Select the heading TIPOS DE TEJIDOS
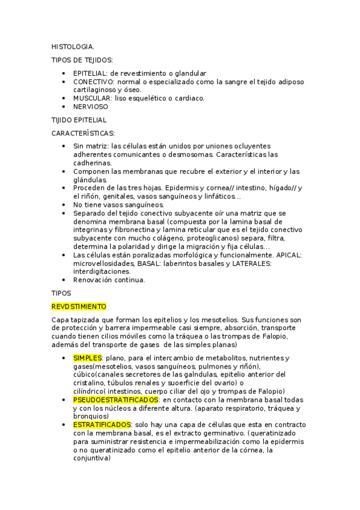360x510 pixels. [82, 60]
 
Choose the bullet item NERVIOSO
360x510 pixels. [91, 106]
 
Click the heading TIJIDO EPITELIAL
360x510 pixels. [79, 120]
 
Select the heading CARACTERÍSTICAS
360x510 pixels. [83, 133]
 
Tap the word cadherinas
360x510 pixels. [92, 163]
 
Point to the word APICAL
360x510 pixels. [288, 255]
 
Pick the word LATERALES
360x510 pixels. [252, 263]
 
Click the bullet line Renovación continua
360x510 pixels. [109, 280]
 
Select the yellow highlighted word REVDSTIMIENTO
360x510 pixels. [79, 306]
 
